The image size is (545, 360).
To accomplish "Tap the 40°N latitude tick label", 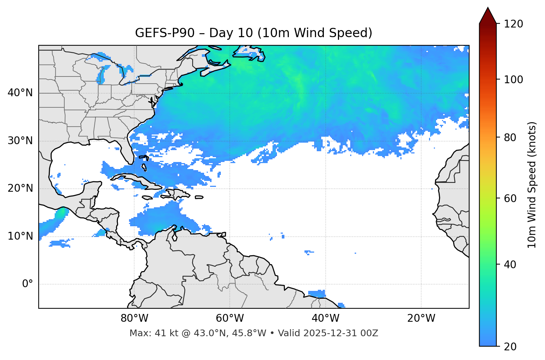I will pos(20,93).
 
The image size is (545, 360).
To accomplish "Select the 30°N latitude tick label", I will pos(20,141).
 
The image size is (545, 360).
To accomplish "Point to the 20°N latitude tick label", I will pos(20,188).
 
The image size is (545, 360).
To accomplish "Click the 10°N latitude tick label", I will pos(20,236).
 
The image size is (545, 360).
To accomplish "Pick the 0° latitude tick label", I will pos(27,284).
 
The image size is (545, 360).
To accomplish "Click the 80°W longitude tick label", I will pos(134,318).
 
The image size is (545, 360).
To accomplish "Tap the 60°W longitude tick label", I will pos(230,318).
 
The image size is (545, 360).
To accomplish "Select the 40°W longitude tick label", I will pos(325,318).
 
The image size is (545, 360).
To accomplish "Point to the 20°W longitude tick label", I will pos(421,318).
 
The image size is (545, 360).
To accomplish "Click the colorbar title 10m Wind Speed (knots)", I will pos(532,185).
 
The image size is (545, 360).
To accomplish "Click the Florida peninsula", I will pos(128,150).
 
